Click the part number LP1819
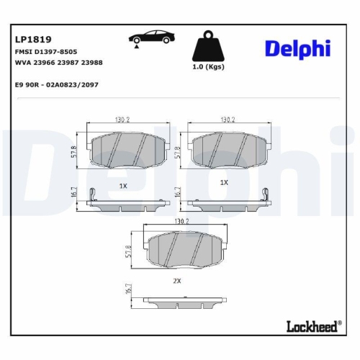(33, 39)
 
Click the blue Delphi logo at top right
(297, 48)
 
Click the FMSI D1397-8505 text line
(46, 53)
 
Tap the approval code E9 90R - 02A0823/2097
(56, 84)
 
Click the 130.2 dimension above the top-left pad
(122, 120)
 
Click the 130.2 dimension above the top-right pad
(228, 120)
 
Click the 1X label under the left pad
(123, 185)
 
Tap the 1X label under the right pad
(224, 182)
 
